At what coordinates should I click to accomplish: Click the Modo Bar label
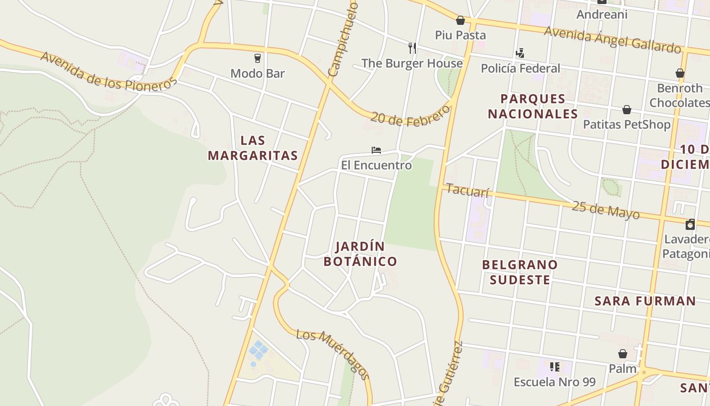coord(258,74)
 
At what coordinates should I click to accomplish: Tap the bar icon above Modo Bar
coord(258,58)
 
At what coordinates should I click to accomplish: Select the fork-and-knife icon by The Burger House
coord(412,48)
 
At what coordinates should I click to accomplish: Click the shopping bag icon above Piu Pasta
coord(460,20)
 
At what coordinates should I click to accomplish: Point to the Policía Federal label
coord(520,69)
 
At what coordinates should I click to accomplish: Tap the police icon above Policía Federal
coord(520,53)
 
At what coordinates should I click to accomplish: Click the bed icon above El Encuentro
coord(376,150)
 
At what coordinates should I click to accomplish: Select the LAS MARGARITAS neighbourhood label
coord(253,148)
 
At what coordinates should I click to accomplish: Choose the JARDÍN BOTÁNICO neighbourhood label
coord(361,254)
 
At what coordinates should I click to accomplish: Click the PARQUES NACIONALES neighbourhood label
coord(533,106)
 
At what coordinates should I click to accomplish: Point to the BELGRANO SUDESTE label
coord(520,272)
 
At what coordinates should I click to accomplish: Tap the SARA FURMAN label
coord(645,301)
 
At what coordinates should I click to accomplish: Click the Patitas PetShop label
coord(627,124)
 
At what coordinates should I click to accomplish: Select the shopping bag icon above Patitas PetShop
coord(627,110)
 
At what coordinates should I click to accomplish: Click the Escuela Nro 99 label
coord(555,382)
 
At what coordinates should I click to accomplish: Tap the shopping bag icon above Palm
coord(623,354)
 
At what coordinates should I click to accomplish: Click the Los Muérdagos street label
coord(333,354)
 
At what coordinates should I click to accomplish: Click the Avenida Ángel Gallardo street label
coord(612,40)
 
